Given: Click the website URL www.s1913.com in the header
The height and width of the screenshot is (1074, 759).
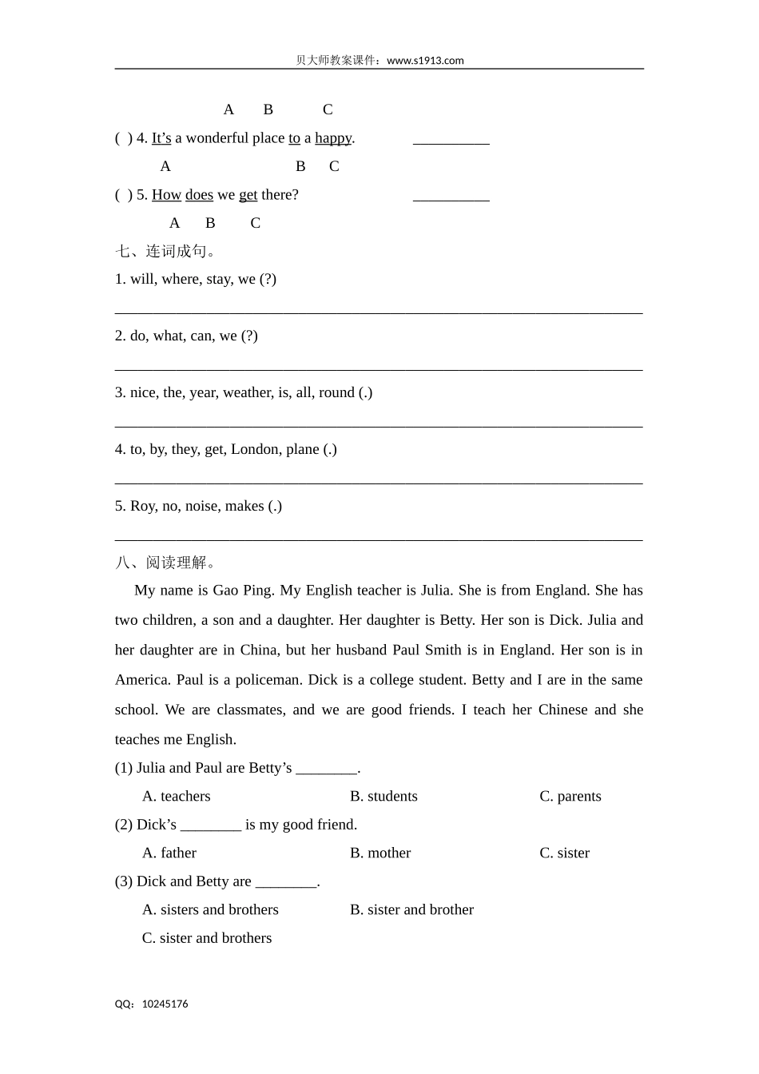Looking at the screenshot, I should tap(425, 61).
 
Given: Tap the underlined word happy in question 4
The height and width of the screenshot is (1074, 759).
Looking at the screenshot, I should tap(333, 138).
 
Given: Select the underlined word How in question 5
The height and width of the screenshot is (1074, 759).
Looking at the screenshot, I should tap(166, 195).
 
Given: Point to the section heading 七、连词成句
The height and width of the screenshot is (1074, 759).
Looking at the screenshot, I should tap(165, 252).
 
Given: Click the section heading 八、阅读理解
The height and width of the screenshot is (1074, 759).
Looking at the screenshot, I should tap(165, 563).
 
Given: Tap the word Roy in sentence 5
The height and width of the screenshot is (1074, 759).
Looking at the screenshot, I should tap(143, 506).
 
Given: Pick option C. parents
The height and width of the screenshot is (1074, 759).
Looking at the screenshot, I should tap(570, 796).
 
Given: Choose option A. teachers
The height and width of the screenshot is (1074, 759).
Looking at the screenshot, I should tap(177, 796).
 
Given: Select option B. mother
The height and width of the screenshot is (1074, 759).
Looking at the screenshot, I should tap(380, 853).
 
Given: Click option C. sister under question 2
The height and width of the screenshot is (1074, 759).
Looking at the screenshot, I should tap(564, 853).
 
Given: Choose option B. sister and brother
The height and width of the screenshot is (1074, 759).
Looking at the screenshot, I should tap(411, 909).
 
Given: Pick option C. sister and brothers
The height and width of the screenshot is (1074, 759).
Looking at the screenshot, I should tap(207, 938).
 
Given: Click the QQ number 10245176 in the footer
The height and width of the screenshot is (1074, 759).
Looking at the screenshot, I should tap(165, 1004).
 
